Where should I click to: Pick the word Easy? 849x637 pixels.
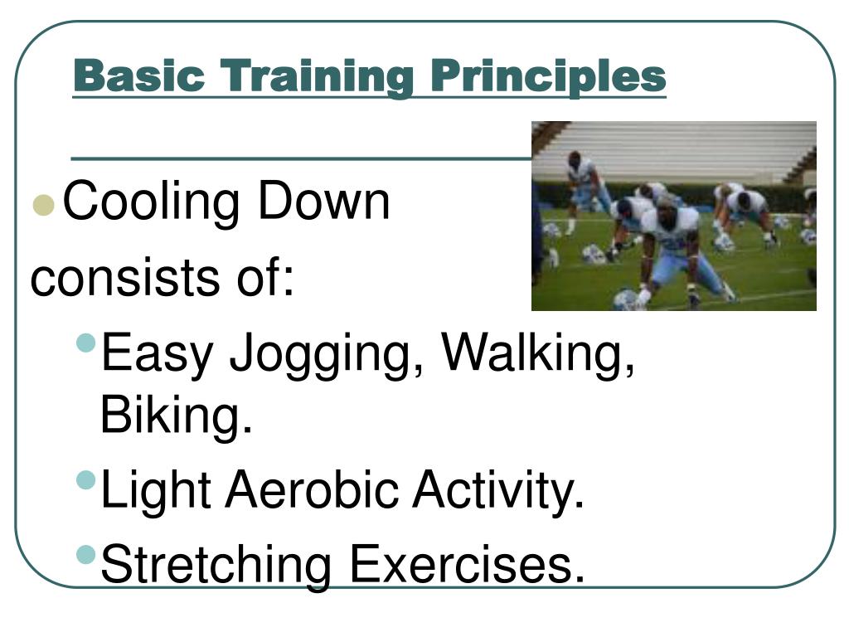click(x=158, y=353)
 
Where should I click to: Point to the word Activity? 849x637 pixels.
click(x=498, y=491)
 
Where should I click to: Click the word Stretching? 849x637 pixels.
click(x=216, y=566)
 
